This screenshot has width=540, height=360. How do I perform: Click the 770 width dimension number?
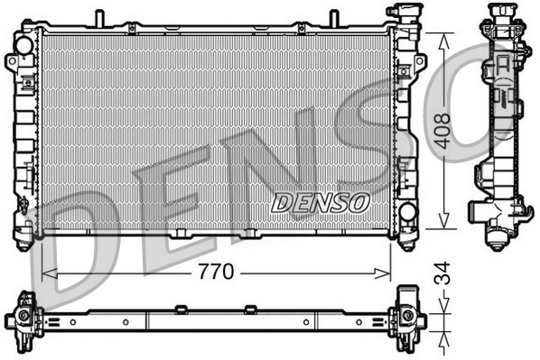pos(217,270)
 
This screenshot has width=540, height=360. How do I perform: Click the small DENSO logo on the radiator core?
pos(320,201)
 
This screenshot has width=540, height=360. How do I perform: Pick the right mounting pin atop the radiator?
pos(332,17)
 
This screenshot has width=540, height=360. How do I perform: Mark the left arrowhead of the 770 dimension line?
pos(48,271)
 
